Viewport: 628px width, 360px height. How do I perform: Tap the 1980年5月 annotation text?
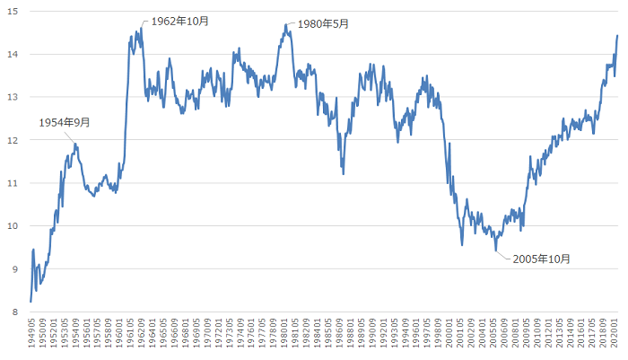(x=321, y=24)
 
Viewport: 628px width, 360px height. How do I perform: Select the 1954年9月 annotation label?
(x=65, y=123)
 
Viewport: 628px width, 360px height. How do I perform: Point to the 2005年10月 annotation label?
(x=541, y=259)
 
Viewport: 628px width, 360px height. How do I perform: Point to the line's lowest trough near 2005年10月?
(x=496, y=250)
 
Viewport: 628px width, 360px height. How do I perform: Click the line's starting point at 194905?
(x=31, y=302)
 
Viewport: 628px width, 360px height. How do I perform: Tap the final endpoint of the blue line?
(x=617, y=36)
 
